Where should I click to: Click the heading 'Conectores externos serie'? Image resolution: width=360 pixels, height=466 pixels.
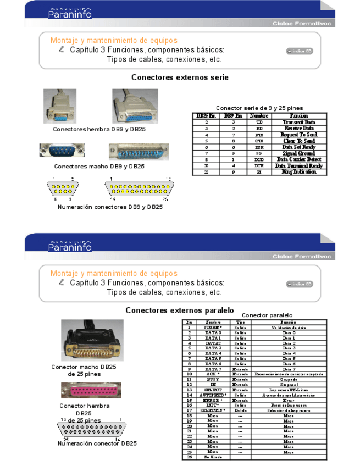[x=180, y=77]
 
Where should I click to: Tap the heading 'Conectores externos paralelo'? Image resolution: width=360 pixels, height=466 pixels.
[x=180, y=310]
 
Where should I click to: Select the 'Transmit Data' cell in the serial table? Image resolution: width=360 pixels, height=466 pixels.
[x=299, y=122]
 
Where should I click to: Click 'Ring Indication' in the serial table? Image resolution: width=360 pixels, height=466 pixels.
[x=299, y=172]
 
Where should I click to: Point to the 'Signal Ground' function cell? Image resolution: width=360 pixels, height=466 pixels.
[x=299, y=153]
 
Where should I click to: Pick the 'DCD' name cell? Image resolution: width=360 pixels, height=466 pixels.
[x=259, y=159]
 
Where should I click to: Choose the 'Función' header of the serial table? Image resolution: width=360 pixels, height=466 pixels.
[x=299, y=116]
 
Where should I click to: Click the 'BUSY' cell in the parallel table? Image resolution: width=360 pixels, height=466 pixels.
[x=213, y=379]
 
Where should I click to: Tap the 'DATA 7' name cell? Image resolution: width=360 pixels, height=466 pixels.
[x=213, y=369]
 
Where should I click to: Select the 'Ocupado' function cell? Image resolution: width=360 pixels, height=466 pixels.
[x=289, y=379]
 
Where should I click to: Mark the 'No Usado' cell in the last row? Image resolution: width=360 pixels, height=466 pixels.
[x=213, y=457]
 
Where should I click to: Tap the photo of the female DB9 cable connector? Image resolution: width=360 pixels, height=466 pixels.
[x=60, y=106]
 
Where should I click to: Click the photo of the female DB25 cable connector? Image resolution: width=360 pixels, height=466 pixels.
[x=135, y=106]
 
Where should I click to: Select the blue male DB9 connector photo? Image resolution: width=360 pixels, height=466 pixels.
[x=62, y=151]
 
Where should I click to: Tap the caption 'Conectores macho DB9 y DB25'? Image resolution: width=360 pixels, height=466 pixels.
[x=99, y=166]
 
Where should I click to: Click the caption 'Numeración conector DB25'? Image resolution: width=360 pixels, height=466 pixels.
[x=97, y=443]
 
